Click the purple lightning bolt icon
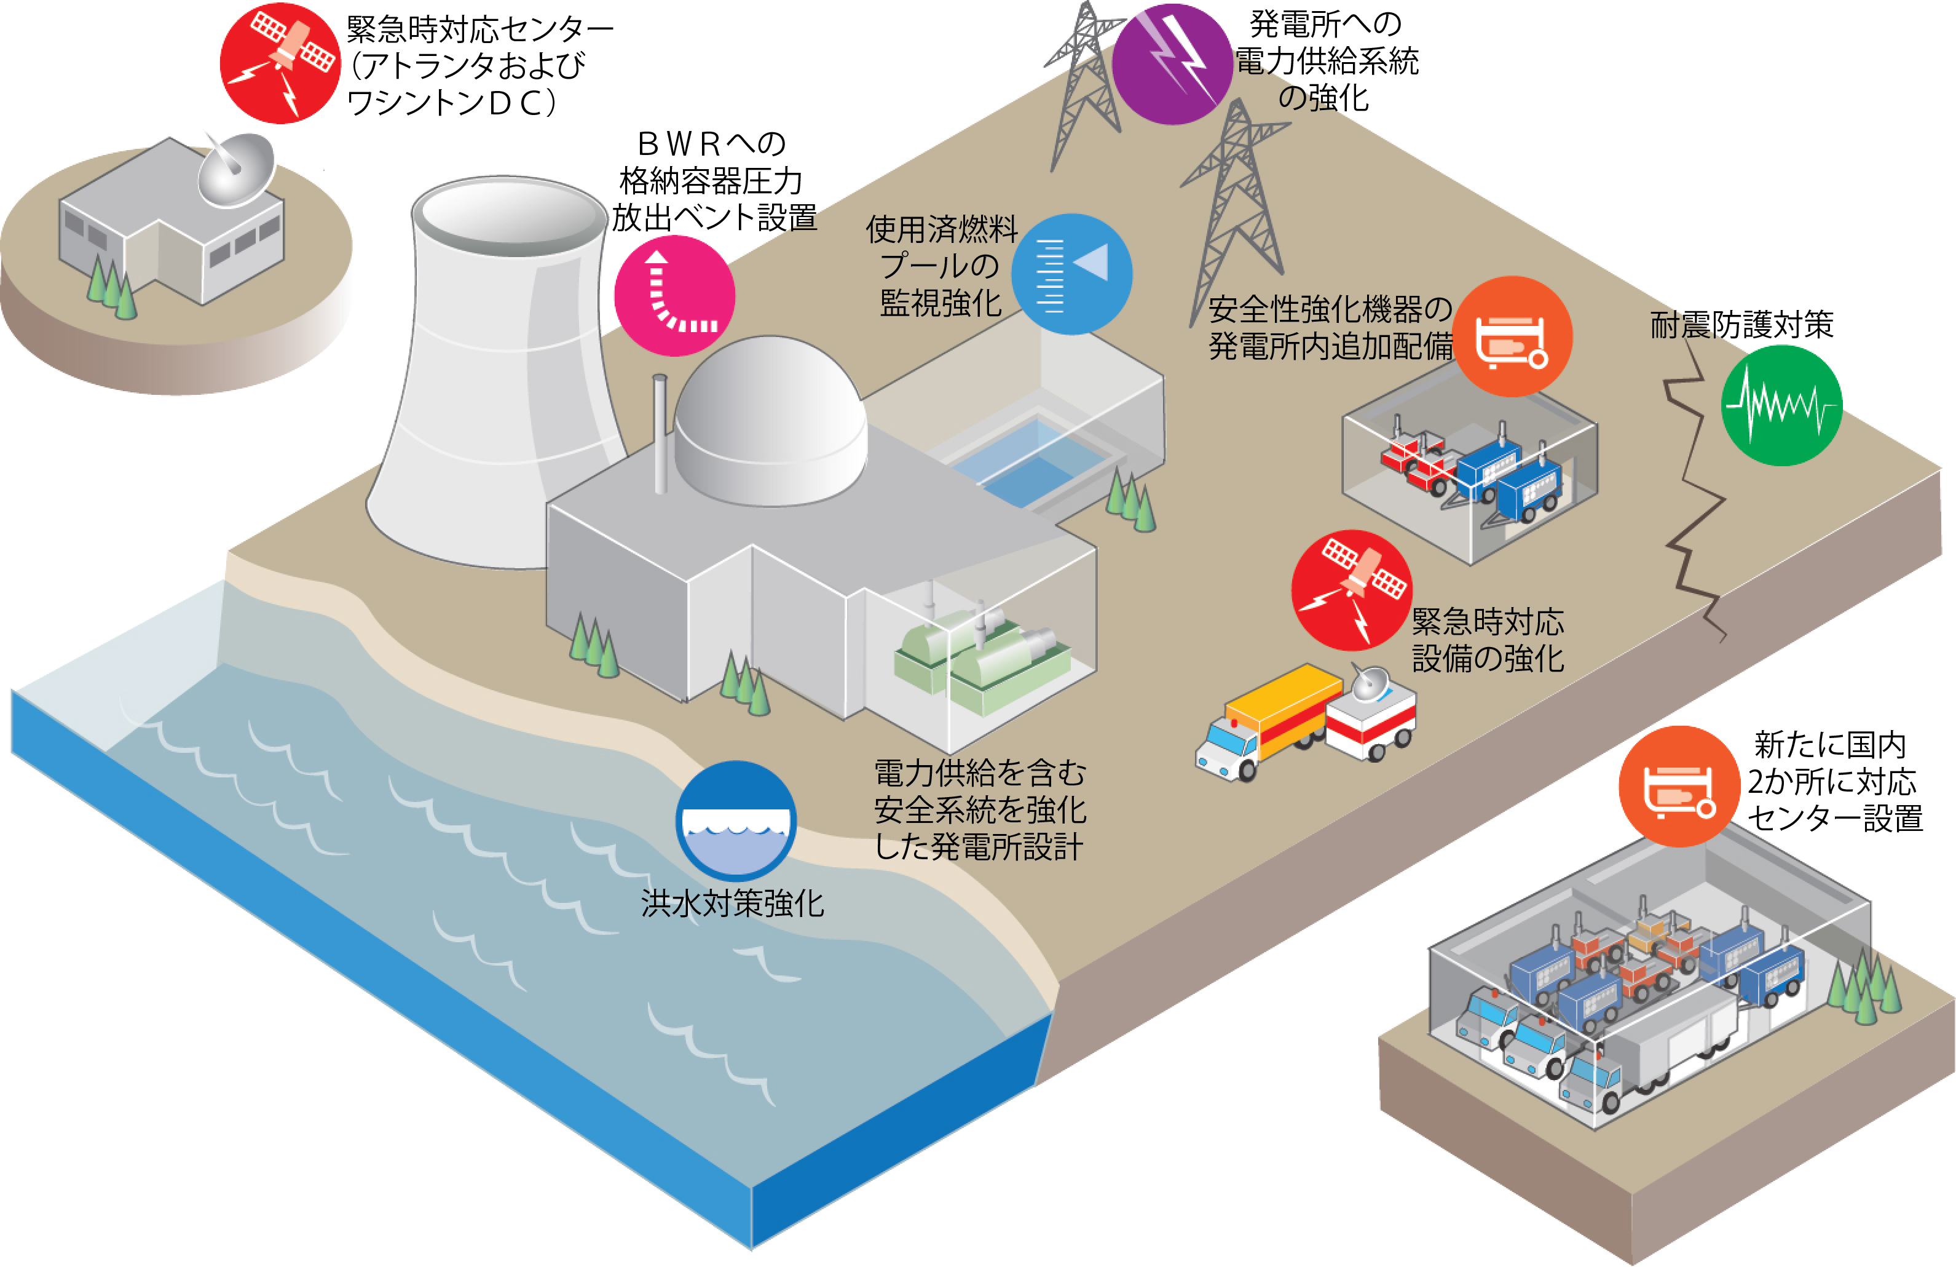[x=1172, y=64]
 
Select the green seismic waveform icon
[x=1781, y=405]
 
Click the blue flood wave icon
[x=736, y=820]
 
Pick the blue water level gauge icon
[x=1071, y=274]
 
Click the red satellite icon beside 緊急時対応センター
[x=280, y=63]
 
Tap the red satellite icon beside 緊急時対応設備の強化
[x=1352, y=590]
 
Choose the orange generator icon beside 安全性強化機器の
[x=1512, y=336]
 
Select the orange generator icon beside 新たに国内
[x=1679, y=786]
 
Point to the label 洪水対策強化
[x=732, y=904]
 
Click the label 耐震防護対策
[x=1741, y=324]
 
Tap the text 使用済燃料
[x=942, y=229]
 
